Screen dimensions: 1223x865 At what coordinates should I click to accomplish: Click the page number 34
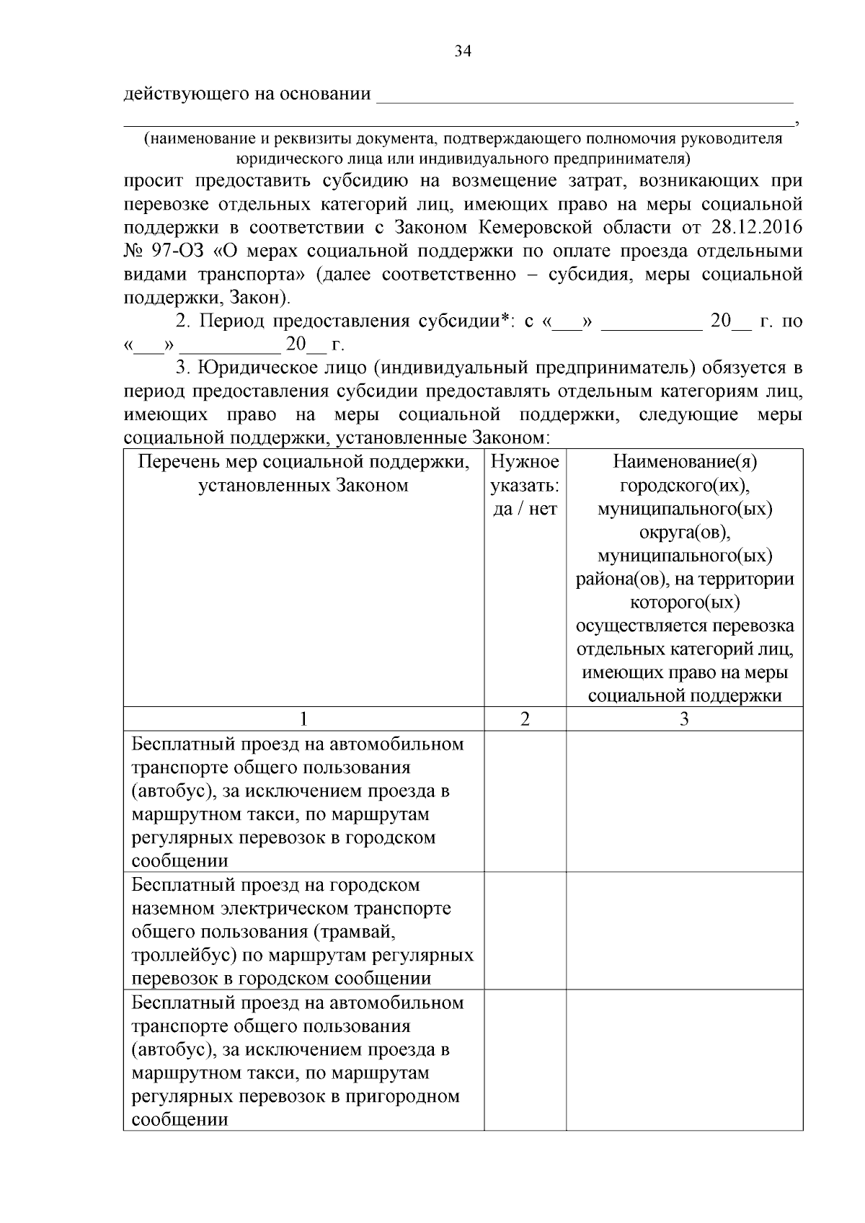tap(462, 51)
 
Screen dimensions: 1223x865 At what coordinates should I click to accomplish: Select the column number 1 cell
tap(303, 719)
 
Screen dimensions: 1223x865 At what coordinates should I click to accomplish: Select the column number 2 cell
tap(525, 719)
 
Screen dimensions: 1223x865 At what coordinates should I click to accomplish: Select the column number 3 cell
tap(684, 719)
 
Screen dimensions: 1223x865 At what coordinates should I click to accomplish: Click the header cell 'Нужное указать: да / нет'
tap(525, 485)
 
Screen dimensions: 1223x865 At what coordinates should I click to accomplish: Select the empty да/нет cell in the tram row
tap(525, 930)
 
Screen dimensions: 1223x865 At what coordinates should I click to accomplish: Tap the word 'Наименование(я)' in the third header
tap(685, 462)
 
